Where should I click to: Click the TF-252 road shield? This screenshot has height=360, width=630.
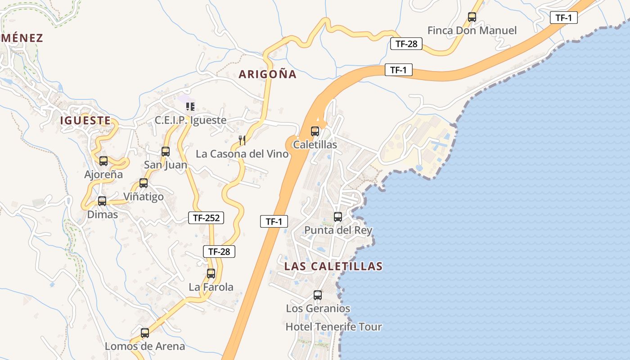(x=206, y=218)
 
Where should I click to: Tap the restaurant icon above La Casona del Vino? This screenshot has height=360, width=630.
(x=242, y=140)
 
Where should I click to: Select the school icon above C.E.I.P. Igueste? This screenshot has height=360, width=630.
(x=190, y=107)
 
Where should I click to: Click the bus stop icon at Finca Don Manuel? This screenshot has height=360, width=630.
(x=472, y=17)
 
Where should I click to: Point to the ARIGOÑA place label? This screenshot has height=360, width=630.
(x=268, y=75)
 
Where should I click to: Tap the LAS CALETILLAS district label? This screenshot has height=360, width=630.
(x=333, y=266)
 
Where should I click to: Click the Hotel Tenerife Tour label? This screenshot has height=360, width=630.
(x=333, y=327)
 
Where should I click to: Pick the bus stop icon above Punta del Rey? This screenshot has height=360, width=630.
(x=338, y=217)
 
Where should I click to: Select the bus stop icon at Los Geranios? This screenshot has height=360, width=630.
(x=318, y=295)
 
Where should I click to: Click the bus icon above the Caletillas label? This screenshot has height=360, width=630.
(x=315, y=131)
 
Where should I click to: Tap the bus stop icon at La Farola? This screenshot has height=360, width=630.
(x=211, y=273)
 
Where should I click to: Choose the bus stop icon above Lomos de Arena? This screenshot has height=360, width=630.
(x=145, y=333)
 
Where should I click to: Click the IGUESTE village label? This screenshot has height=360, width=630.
(x=85, y=121)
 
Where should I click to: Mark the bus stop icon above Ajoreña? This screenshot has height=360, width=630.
(x=103, y=161)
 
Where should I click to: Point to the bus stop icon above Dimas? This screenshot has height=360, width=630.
(x=102, y=201)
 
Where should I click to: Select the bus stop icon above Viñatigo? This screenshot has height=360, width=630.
(x=144, y=183)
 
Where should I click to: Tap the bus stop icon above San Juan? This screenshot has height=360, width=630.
(x=166, y=152)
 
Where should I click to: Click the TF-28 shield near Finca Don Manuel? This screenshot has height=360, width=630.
(x=406, y=44)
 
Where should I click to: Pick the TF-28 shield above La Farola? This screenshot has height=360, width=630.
(x=219, y=252)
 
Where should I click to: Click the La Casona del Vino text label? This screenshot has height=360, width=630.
(x=242, y=154)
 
